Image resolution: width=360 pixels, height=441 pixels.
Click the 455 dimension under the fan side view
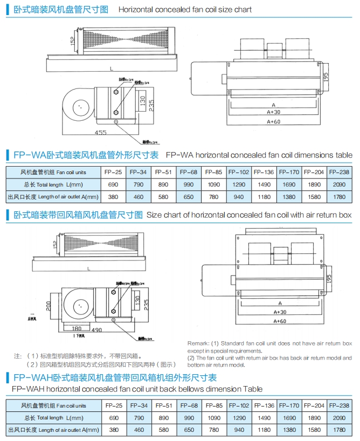coord(100,132)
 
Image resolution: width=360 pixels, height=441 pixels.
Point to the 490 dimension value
coord(97,330)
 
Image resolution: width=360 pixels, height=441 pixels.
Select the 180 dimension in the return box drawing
coord(77,328)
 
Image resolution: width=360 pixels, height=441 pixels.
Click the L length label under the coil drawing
coord(111,68)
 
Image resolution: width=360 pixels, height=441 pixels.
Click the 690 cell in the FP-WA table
coord(113,184)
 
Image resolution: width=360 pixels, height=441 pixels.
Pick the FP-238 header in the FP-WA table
coord(339,172)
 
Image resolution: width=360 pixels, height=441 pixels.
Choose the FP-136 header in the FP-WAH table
coord(264,405)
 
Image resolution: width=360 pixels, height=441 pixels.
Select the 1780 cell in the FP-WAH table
coord(339,430)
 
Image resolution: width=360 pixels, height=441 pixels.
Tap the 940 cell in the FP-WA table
coord(239,197)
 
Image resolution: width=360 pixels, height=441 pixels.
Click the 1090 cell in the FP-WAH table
coord(214,418)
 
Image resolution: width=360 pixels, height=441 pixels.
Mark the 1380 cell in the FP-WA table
coord(289,197)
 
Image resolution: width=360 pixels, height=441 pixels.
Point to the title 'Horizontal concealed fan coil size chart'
coord(185,9)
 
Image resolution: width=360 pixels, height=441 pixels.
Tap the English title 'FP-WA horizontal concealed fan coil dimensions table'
coord(259,155)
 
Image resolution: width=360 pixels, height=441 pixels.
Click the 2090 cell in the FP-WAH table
coord(339,418)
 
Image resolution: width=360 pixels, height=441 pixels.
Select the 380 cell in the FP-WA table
coord(113,197)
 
